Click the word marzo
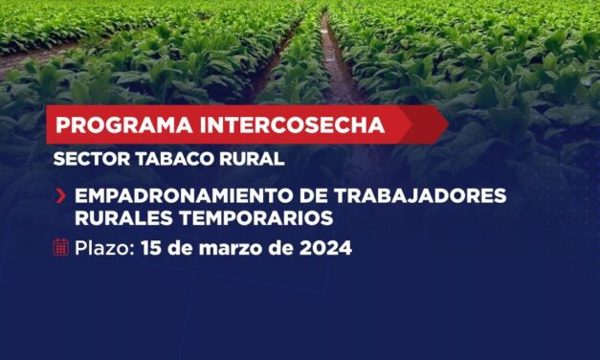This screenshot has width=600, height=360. [x=229, y=249]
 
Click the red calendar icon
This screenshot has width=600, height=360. [x=61, y=248]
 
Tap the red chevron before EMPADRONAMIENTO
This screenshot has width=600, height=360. [x=61, y=196]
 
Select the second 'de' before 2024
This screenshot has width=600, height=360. [x=277, y=248]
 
